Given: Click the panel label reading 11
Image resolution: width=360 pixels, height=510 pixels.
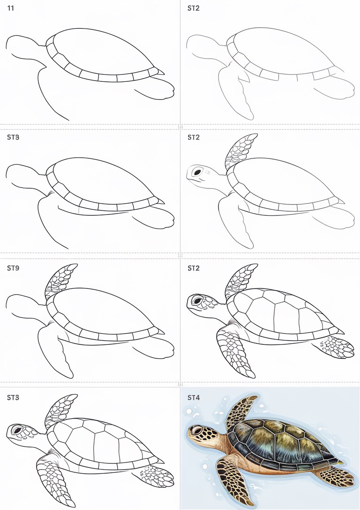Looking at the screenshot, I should click(x=10, y=8).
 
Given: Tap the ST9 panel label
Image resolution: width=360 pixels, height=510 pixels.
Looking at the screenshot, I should click(x=13, y=269).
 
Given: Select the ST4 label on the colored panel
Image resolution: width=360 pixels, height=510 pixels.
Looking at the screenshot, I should click(x=194, y=398).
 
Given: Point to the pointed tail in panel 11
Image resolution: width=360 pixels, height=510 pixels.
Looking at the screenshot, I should click(x=161, y=72).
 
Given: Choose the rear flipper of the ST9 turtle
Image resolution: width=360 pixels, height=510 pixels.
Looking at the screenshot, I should click(x=157, y=347).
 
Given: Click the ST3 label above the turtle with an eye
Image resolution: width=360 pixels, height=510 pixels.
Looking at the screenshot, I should click(x=13, y=398).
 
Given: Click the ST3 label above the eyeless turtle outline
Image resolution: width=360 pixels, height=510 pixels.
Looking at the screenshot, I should click(x=13, y=138).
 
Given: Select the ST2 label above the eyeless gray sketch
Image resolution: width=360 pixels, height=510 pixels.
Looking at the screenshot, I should click(x=194, y=8).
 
